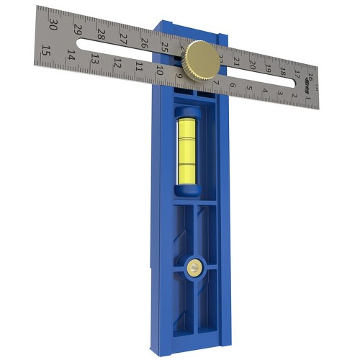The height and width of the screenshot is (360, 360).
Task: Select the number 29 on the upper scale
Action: [x=78, y=30]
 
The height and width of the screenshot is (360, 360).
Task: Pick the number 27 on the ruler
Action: [x=123, y=39]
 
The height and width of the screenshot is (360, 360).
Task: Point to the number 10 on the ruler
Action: [x=159, y=71]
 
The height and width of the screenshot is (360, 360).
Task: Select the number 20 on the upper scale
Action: [x=252, y=64]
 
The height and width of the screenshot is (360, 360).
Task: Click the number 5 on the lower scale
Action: [x=248, y=88]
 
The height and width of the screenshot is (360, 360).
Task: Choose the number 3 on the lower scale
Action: [x=280, y=94]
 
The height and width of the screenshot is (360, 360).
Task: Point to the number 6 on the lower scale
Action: [x=232, y=85]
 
